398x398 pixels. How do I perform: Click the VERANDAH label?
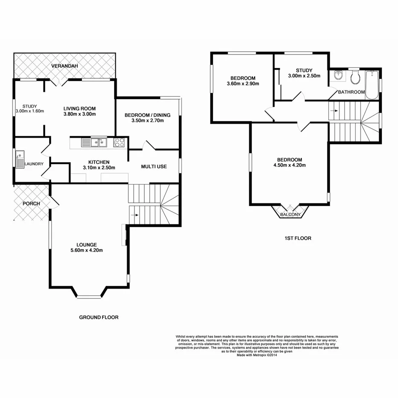[64, 66]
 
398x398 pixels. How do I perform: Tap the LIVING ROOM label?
[79, 108]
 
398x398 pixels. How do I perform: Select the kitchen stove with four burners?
[119, 143]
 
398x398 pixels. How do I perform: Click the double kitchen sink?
[97, 142]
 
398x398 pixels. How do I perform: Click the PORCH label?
[32, 204]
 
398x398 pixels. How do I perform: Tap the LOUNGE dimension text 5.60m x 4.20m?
[87, 250]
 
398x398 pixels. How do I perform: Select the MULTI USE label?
[154, 166]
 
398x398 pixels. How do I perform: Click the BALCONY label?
[290, 214]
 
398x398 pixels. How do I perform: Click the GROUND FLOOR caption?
[99, 317]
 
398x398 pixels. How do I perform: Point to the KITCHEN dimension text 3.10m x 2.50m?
[99, 168]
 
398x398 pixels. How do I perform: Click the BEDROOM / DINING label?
[147, 115]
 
